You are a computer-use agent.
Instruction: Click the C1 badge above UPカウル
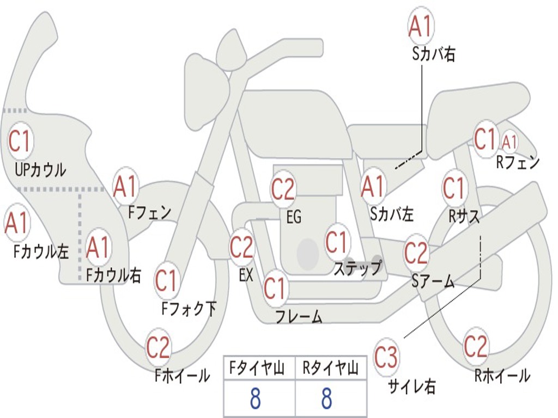tap(20, 141)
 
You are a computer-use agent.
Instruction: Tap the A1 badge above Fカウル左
tap(17, 223)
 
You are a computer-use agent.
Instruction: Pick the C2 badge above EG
tap(283, 189)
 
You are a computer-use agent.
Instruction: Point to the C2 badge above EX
tap(241, 247)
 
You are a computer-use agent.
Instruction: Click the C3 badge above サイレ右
tap(386, 356)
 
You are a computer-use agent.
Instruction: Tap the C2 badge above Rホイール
tap(475, 346)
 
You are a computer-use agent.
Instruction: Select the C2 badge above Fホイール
tap(158, 347)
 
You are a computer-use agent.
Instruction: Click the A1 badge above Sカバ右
tap(421, 26)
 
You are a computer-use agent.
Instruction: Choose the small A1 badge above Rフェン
tap(510, 142)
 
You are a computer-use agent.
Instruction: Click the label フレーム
tap(299, 316)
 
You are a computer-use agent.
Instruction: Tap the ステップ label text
tap(357, 268)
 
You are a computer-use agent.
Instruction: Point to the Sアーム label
tap(433, 281)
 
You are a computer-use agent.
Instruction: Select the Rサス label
tap(464, 216)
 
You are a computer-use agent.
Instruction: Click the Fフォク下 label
tap(189, 308)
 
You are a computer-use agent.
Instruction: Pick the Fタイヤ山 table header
tap(257, 368)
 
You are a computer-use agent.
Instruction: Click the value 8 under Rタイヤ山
tap(327, 398)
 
